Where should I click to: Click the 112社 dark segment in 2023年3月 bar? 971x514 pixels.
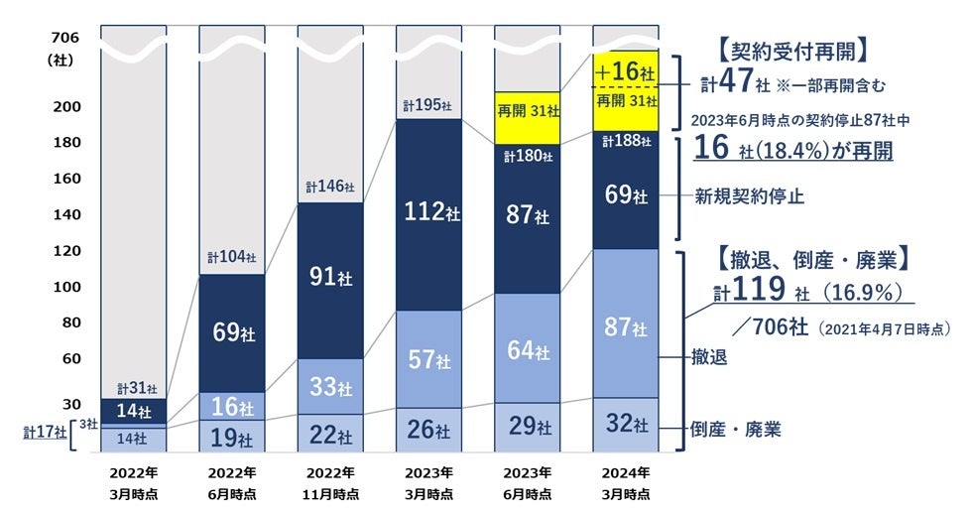point(429,213)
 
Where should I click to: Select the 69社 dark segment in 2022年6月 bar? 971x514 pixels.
point(232,332)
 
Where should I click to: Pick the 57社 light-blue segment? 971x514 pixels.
point(429,358)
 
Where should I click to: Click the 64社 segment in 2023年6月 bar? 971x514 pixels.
point(528,349)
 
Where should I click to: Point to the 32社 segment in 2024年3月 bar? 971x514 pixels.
point(626,425)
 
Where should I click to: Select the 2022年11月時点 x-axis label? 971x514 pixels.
point(330,481)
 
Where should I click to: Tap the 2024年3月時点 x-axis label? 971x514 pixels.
point(626,481)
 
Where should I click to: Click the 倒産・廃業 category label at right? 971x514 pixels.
point(735,430)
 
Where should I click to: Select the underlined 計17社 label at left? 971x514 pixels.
point(45,432)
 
